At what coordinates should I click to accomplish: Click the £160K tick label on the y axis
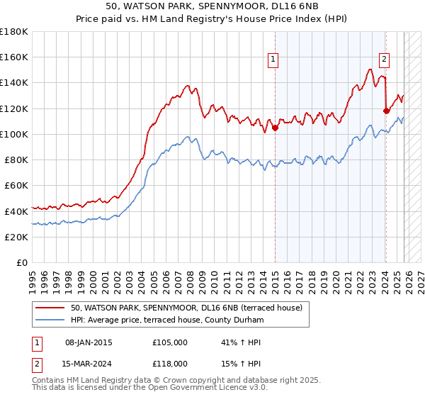coord(14,57)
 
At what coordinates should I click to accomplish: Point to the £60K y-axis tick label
coord(16,186)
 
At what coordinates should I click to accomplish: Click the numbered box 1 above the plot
coord(273,60)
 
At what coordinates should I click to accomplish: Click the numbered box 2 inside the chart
coord(384,60)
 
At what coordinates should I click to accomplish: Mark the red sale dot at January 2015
coord(274,128)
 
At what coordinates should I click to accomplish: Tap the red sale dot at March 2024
coord(386,111)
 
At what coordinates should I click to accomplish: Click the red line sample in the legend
coord(50,308)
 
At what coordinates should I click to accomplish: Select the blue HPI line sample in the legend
coord(50,320)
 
